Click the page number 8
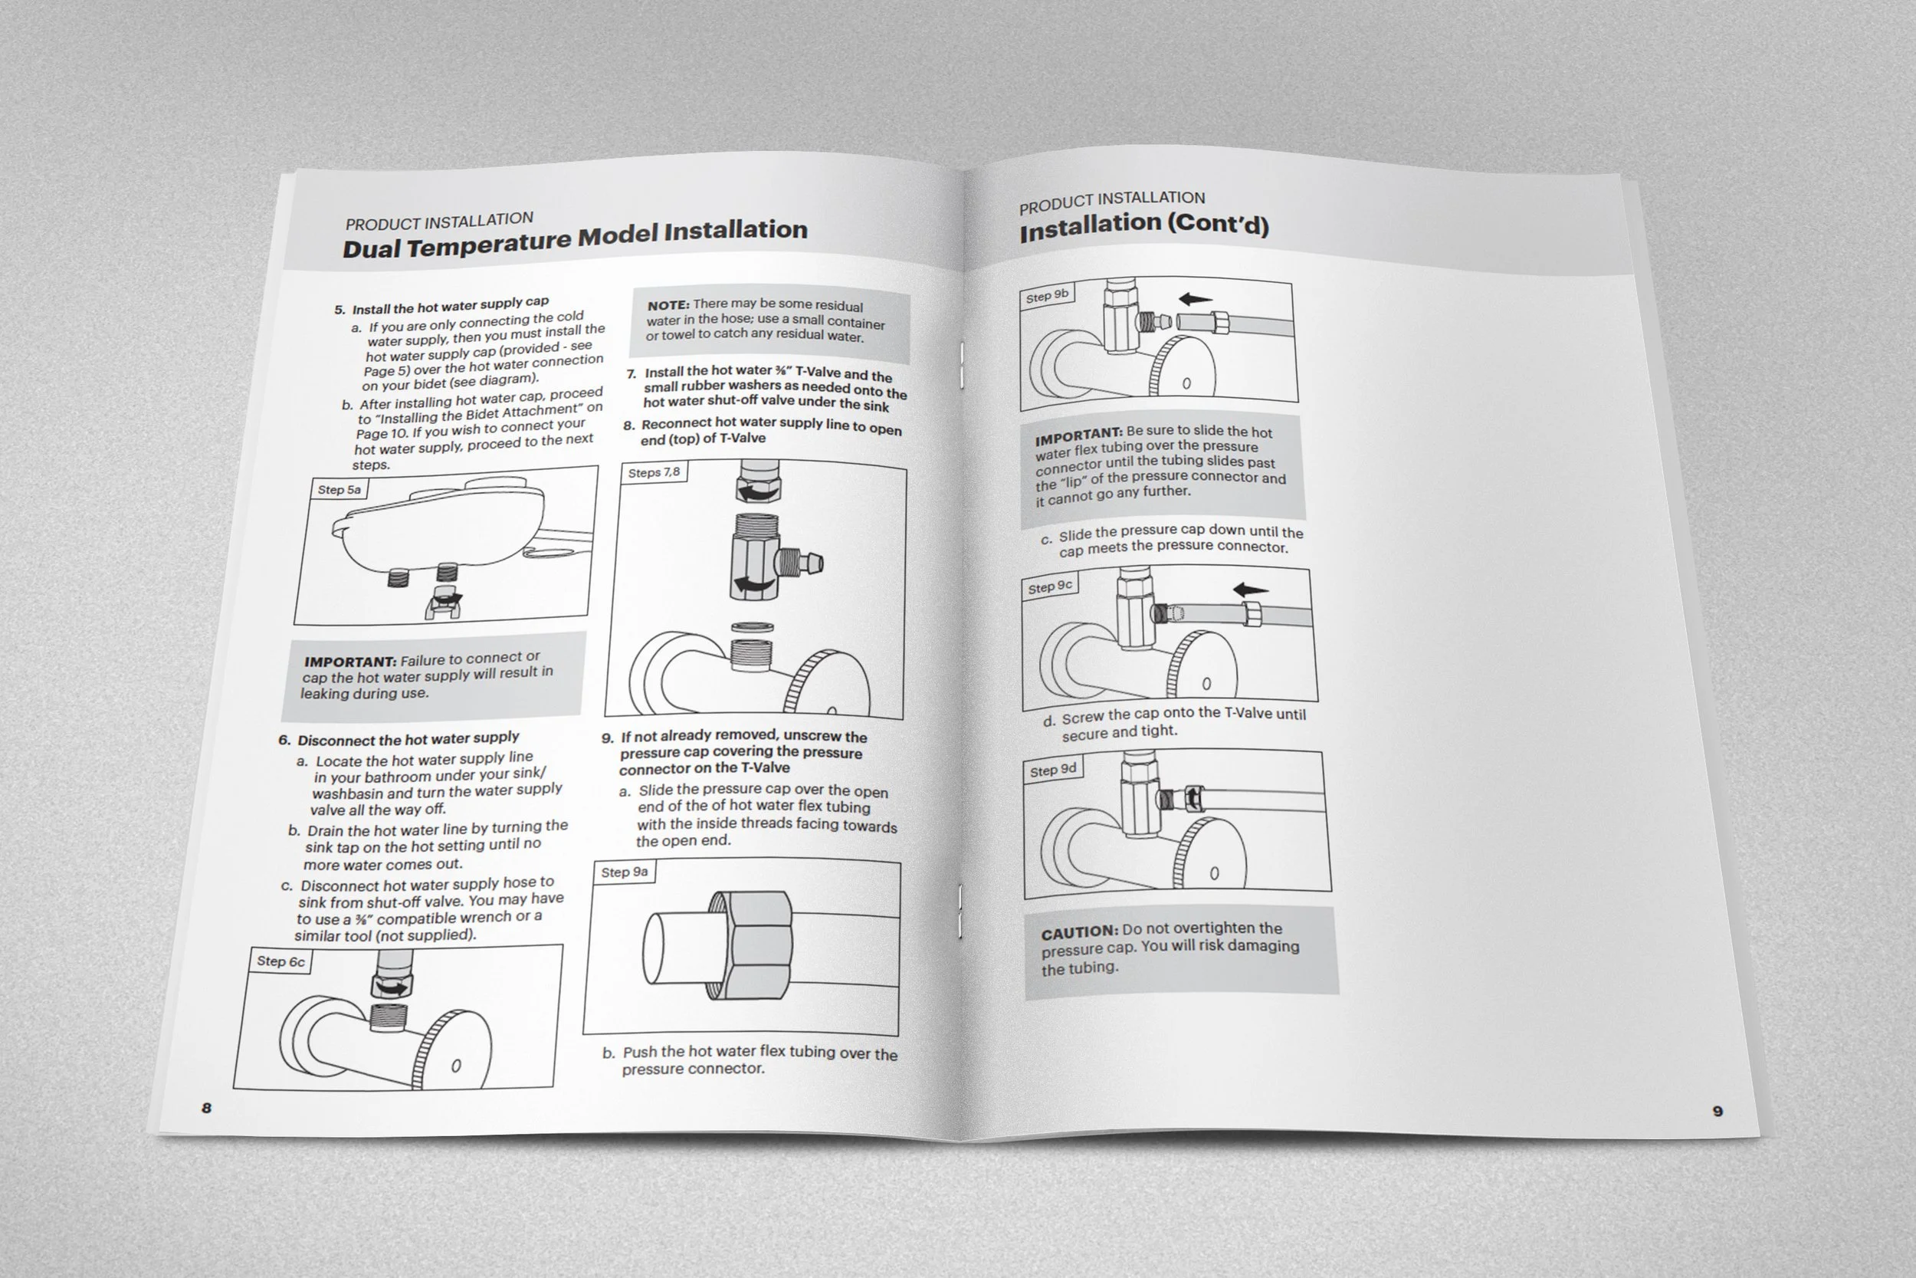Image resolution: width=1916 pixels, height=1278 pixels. coord(207,1108)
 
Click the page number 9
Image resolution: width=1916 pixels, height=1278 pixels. coord(1718,1111)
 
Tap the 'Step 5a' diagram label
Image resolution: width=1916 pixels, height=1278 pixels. coord(339,490)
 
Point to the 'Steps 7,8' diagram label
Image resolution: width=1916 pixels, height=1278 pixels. coord(653,473)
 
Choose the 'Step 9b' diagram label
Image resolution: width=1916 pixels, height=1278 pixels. coord(1047,297)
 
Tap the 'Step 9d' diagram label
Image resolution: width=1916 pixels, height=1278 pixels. coord(1052,770)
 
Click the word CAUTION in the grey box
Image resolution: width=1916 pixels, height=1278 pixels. coord(1079,932)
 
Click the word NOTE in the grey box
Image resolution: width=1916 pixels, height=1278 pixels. coord(668,306)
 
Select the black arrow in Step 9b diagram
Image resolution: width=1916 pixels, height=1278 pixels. coord(1195,299)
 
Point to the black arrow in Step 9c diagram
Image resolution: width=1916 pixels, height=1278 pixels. coord(1250,590)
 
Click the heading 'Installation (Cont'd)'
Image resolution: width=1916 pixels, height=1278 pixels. coord(1143,227)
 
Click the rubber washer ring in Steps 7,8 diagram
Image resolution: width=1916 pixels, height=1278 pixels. coord(753,628)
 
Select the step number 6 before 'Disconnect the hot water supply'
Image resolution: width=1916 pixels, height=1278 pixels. coord(284,741)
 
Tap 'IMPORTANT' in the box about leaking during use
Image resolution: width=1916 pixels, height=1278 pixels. coord(350,662)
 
